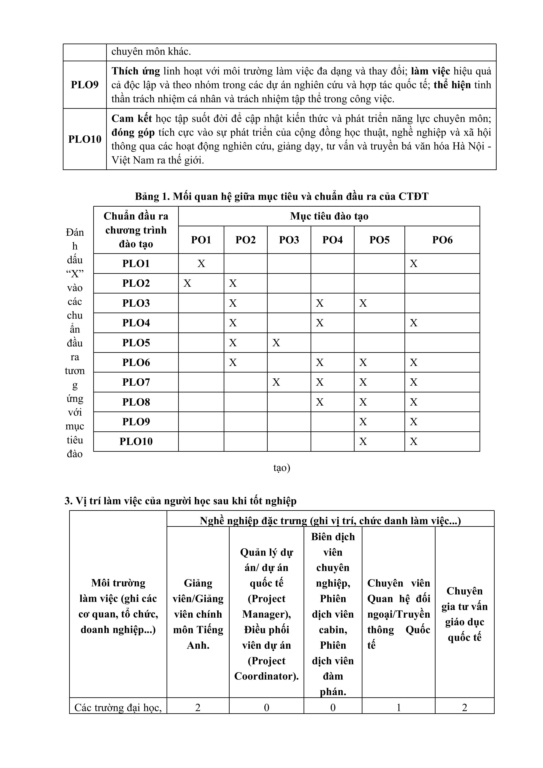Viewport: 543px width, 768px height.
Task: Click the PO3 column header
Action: coord(289,240)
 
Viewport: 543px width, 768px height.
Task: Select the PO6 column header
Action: coord(442,240)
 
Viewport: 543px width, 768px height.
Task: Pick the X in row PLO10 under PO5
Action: coord(363,441)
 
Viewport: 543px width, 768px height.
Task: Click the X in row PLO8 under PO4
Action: coord(320,402)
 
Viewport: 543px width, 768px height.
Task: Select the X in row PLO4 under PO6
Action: coord(414,323)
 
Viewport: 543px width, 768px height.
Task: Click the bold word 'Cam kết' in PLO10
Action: coord(132,118)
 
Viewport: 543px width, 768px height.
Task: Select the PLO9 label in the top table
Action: coord(85,85)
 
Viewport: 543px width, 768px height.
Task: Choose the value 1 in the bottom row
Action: coord(399,707)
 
